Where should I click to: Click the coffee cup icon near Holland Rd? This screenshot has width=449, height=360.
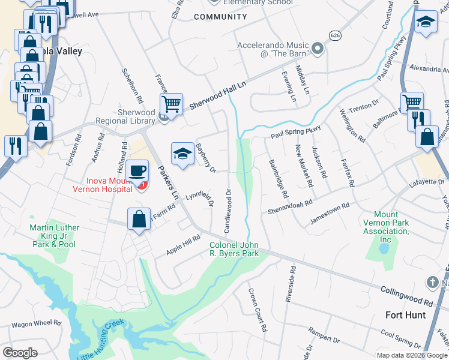click(x=139, y=170)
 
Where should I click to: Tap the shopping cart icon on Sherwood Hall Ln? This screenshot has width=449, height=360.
click(x=171, y=104)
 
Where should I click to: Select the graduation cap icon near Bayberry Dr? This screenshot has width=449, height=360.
click(x=182, y=154)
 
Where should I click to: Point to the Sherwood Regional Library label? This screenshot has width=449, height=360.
click(x=128, y=116)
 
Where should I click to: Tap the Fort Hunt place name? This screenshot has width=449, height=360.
click(x=405, y=315)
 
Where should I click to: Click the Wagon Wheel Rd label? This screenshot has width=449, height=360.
click(x=37, y=323)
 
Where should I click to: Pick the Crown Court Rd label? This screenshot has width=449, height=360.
click(x=257, y=310)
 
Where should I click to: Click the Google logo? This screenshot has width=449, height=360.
click(x=20, y=352)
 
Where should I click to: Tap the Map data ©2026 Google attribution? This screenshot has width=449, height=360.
click(x=411, y=355)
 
